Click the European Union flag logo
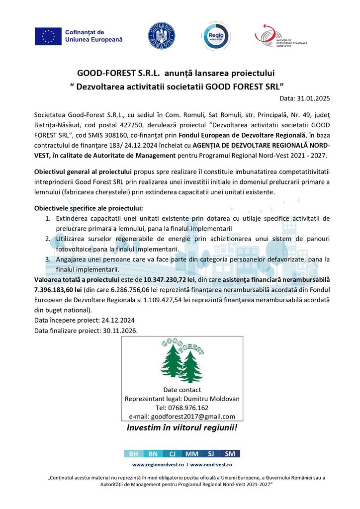pyautogui.click(x=48, y=36)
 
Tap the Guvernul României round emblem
pyautogui.click(x=162, y=36)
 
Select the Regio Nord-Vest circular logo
pyautogui.click(x=216, y=36)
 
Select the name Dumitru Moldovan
pyautogui.click(x=216, y=399)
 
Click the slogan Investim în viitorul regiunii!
pyautogui.click(x=182, y=428)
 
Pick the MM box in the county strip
pyautogui.click(x=191, y=454)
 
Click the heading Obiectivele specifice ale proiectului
pyautogui.click(x=88, y=208)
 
